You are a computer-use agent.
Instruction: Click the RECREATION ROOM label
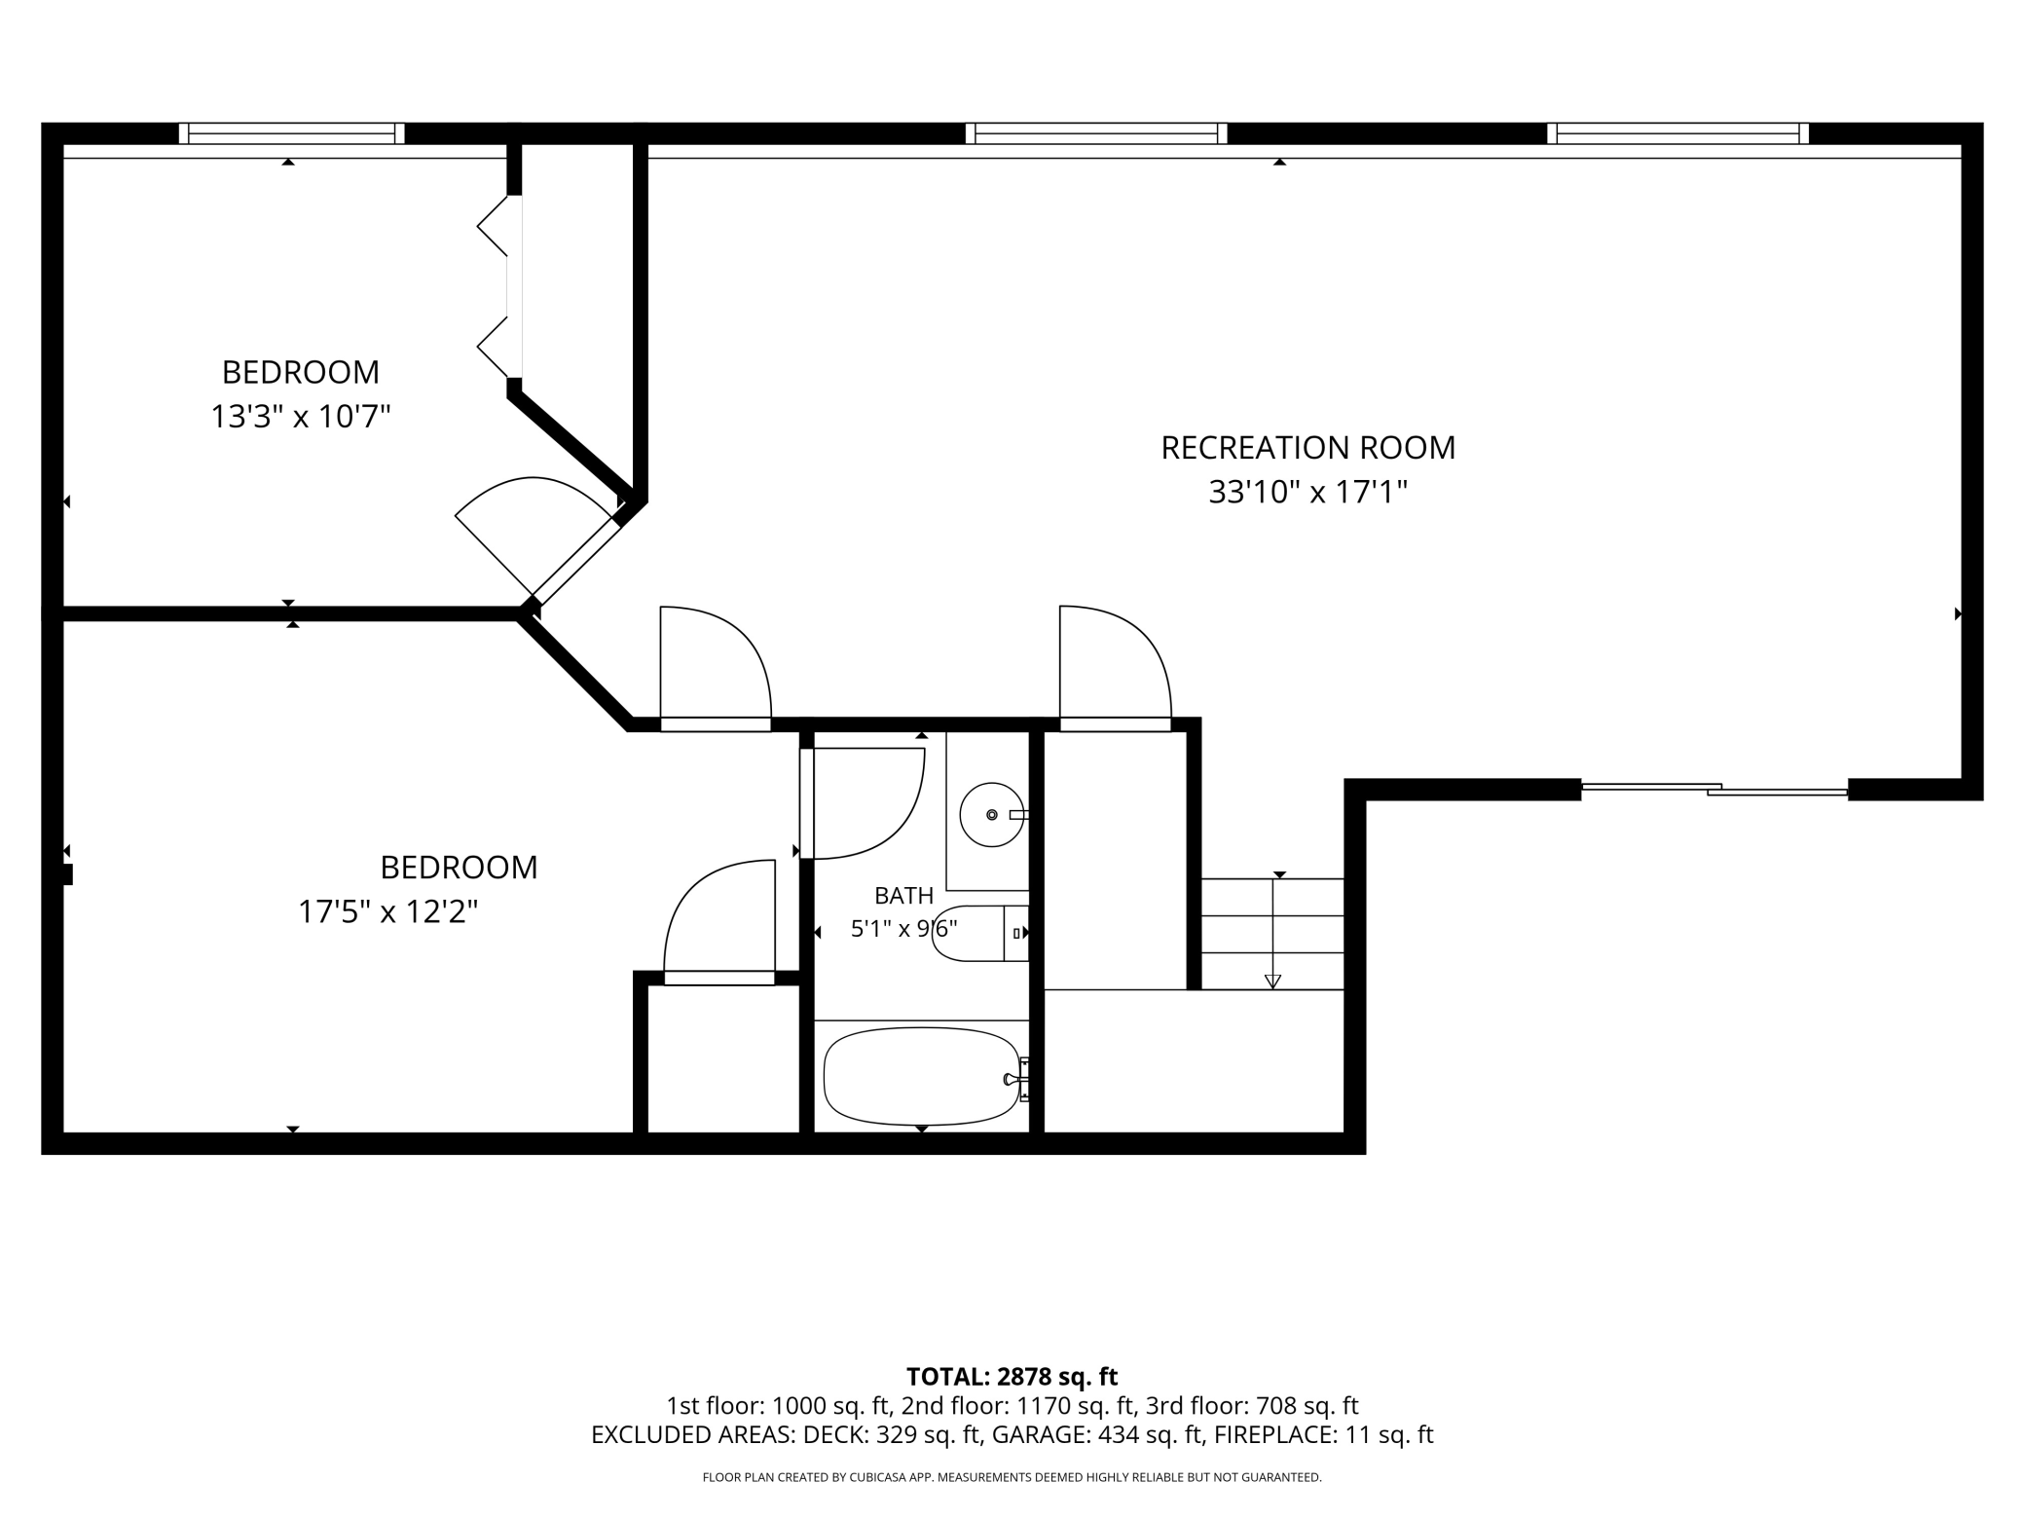click(x=1307, y=448)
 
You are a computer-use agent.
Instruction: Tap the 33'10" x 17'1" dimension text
click(x=1307, y=493)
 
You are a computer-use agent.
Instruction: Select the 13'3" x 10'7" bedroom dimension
click(x=301, y=417)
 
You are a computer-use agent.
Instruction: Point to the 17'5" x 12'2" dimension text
click(x=387, y=912)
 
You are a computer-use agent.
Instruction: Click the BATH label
click(x=903, y=896)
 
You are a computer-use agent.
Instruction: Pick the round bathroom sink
click(x=992, y=814)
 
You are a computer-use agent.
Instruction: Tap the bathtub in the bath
click(x=922, y=1077)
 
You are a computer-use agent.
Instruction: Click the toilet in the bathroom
click(x=980, y=933)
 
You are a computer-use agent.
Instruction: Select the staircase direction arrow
click(x=1272, y=932)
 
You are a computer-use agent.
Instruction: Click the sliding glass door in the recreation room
click(x=1714, y=789)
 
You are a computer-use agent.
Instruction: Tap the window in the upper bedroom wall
click(x=291, y=133)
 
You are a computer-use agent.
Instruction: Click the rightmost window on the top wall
click(x=1678, y=133)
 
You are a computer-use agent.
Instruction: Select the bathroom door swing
click(x=862, y=803)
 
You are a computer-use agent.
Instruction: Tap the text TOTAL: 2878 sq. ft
click(x=1012, y=1377)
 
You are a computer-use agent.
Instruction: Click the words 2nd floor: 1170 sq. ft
click(x=1018, y=1406)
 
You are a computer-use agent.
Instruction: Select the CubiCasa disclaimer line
click(x=1012, y=1478)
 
